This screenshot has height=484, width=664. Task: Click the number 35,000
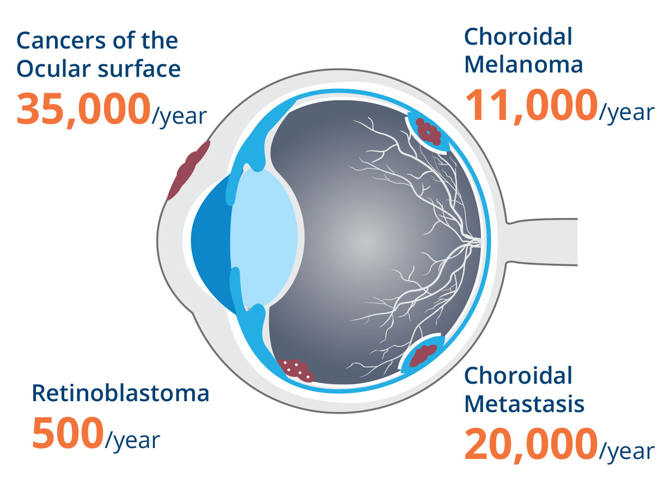83,110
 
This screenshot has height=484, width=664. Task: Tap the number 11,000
532,106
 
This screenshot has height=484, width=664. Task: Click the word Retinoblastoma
120,393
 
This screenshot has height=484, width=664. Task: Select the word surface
139,68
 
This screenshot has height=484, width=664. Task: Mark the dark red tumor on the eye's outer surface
188,170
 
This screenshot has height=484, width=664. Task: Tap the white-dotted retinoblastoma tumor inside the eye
295,370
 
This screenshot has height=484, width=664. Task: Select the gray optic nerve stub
542,241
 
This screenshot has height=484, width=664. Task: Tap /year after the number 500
132,440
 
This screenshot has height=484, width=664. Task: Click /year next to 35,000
179,116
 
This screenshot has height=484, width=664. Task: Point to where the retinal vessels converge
478,241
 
